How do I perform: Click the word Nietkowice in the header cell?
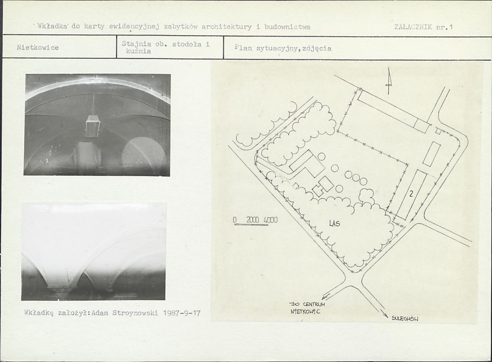38,48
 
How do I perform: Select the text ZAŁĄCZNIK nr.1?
423,27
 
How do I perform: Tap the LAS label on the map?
334,223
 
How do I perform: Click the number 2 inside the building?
411,194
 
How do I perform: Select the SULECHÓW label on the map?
405,318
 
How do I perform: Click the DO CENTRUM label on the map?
307,304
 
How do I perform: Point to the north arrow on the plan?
389,81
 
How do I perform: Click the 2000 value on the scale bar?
253,220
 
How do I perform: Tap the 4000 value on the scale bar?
270,220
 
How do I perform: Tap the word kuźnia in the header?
138,51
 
